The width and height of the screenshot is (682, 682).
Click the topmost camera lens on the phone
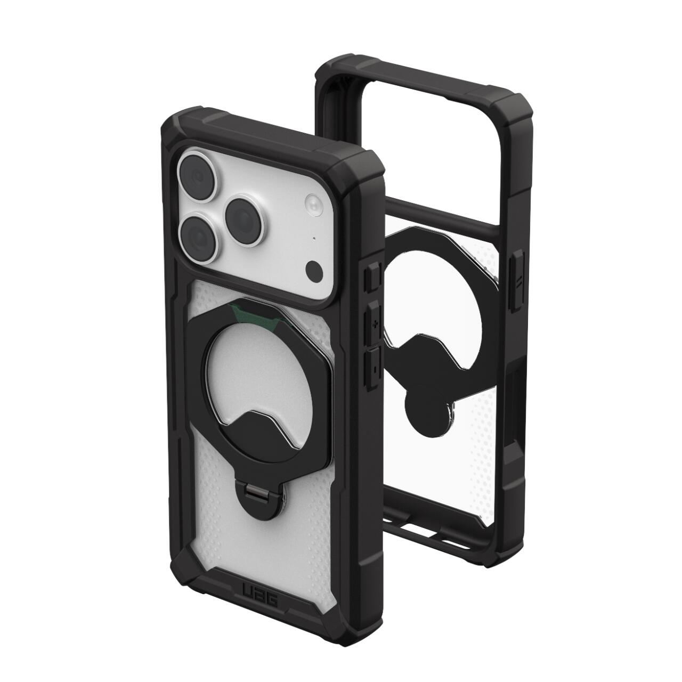pyautogui.click(x=197, y=176)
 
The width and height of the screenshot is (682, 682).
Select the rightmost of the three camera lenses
pyautogui.click(x=245, y=221)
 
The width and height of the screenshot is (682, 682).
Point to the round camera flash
pyautogui.click(x=313, y=205)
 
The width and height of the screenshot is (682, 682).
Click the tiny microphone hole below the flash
pyautogui.click(x=314, y=238)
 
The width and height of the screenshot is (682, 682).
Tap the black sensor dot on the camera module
pyautogui.click(x=314, y=270)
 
